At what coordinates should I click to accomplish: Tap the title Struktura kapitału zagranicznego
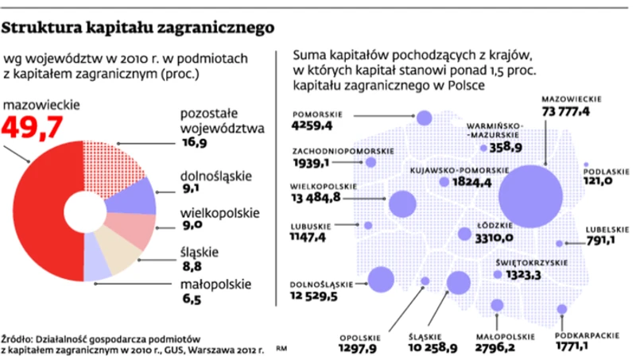coord(139,28)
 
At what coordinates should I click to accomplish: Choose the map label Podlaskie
coord(607,170)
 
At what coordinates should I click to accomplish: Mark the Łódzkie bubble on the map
coord(465,234)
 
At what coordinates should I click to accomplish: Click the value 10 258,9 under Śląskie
coord(432,347)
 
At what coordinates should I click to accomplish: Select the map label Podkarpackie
coord(588,335)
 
